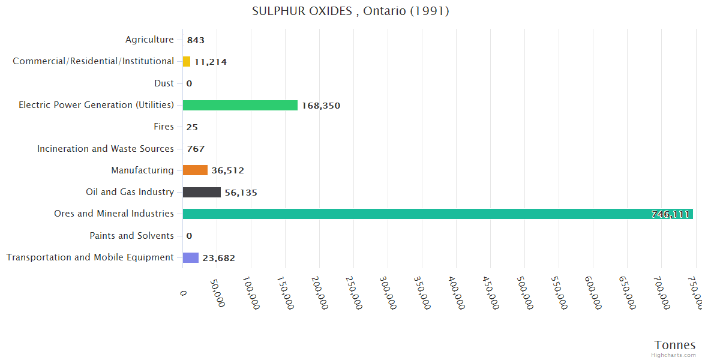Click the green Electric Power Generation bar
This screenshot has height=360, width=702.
tap(240, 105)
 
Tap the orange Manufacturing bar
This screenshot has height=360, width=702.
tap(195, 170)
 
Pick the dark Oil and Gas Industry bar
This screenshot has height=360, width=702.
tap(202, 192)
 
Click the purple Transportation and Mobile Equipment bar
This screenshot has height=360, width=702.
tap(190, 257)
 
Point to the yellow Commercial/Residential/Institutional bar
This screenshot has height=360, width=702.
tap(187, 61)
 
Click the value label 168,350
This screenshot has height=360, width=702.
tap(321, 106)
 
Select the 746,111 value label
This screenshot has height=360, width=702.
tap(670, 214)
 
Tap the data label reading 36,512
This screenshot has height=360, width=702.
tap(227, 171)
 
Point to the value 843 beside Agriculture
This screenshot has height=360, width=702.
tap(196, 40)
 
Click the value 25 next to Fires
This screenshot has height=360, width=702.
tap(192, 127)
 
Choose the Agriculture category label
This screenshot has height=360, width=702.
tap(149, 40)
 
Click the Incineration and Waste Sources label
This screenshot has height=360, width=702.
tap(106, 148)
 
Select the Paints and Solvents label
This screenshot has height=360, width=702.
tap(131, 236)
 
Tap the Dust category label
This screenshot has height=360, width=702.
tap(164, 83)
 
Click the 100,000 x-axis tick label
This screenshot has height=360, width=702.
tap(251, 292)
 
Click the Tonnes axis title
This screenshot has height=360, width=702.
tap(674, 345)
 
